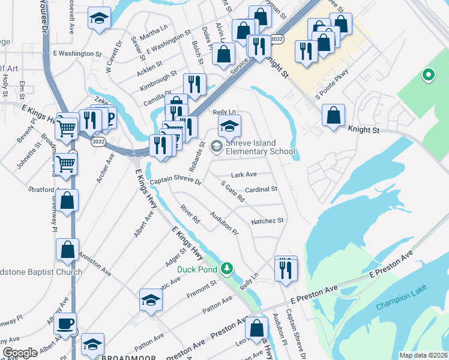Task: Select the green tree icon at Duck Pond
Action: click(x=226, y=268)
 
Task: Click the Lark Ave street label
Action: click(x=244, y=175)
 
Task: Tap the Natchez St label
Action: click(x=267, y=221)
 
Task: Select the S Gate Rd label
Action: click(x=232, y=192)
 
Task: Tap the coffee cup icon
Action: click(x=65, y=324)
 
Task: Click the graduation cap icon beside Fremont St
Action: click(x=151, y=300)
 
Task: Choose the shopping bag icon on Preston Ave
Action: click(x=256, y=328)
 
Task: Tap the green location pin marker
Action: click(x=428, y=76)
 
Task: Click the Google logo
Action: click(x=20, y=353)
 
